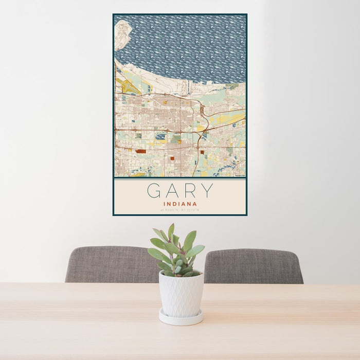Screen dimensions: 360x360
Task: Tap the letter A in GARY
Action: [173, 191]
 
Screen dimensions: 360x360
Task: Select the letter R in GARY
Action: [189, 191]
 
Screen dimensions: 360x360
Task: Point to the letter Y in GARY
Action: [207, 191]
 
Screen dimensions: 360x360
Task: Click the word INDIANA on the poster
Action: [179, 204]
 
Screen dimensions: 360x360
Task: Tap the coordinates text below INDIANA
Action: [179, 210]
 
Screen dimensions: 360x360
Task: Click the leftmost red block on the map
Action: [140, 152]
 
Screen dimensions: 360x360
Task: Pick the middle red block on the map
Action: [172, 159]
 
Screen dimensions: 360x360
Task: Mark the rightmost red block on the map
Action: [202, 152]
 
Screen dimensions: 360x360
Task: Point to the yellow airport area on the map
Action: [127, 85]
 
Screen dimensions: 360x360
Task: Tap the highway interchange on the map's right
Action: [204, 111]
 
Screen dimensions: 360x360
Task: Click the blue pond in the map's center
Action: [161, 137]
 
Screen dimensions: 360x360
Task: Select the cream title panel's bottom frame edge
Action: [179, 214]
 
